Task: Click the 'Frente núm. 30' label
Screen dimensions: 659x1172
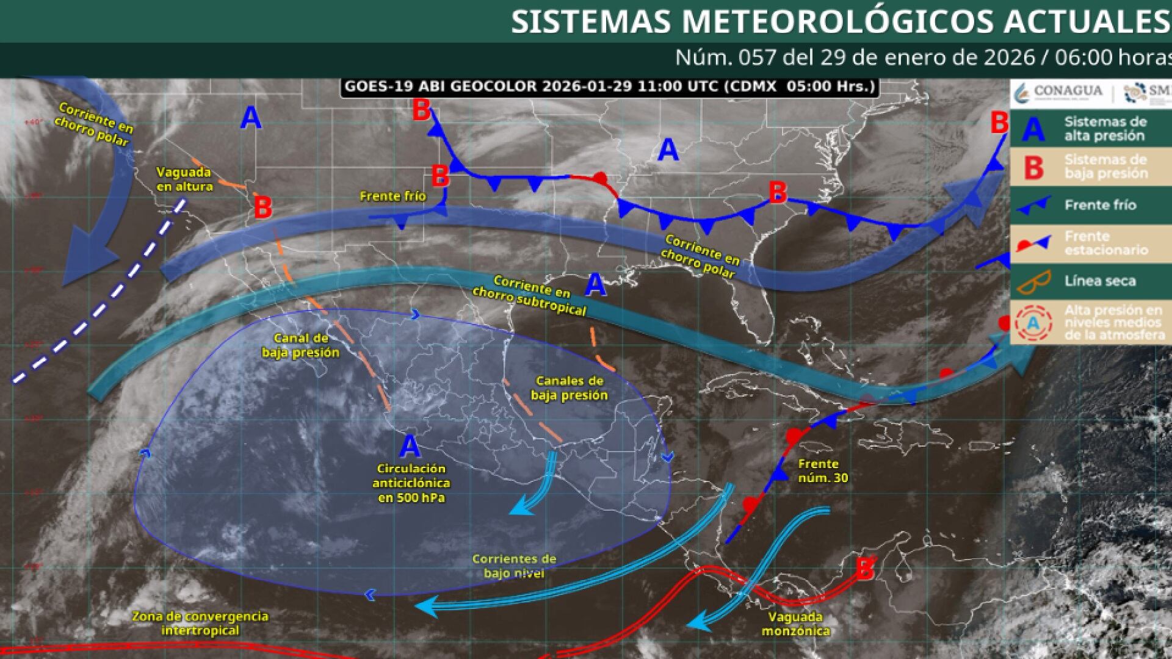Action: tap(822, 471)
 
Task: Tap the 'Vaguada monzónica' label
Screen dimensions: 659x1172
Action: tap(795, 624)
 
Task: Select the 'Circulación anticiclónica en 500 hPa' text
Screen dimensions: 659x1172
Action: tap(411, 483)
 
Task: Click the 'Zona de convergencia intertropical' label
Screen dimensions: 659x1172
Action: tap(200, 623)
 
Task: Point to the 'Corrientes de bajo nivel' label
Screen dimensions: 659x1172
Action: tap(513, 566)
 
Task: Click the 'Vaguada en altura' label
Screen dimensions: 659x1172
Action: tap(184, 179)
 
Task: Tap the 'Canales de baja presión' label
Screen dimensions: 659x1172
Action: tap(569, 388)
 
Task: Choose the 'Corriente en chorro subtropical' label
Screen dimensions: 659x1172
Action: tap(529, 295)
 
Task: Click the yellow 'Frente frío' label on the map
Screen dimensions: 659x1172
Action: tap(392, 196)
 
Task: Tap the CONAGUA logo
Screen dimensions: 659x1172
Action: tap(1058, 92)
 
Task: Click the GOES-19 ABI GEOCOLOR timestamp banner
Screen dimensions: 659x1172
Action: tap(609, 87)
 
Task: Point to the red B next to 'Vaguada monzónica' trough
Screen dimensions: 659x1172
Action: tap(864, 569)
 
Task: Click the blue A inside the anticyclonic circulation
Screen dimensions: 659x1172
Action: tap(410, 447)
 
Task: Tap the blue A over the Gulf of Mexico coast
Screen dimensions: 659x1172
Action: tap(596, 285)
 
